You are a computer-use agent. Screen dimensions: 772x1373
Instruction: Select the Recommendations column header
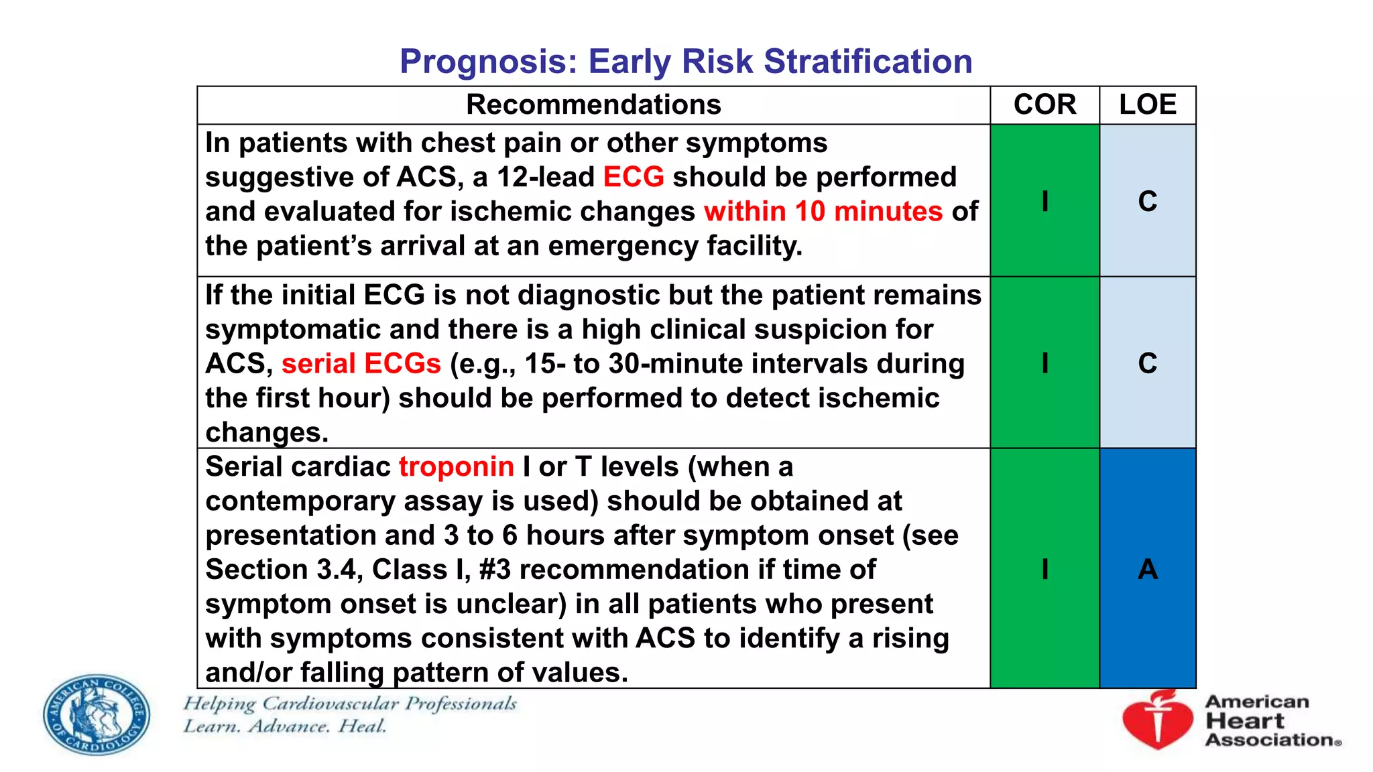[x=593, y=105]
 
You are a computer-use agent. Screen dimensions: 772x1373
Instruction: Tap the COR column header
[x=1044, y=105]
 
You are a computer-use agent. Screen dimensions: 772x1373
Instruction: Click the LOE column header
[x=1148, y=105]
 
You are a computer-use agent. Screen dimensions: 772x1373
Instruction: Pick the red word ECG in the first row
[x=634, y=178]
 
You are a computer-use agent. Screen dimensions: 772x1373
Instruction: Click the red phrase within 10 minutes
[x=823, y=212]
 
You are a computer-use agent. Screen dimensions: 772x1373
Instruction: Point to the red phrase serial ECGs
[x=361, y=364]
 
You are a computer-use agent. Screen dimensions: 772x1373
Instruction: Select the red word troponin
[x=457, y=467]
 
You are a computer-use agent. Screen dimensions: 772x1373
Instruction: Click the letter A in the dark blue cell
[x=1148, y=570]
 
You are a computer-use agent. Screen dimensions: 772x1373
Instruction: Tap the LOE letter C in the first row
[x=1148, y=201]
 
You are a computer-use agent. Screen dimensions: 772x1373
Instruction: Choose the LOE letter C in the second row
[x=1148, y=363]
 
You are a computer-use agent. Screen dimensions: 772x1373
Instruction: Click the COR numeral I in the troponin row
[x=1044, y=570]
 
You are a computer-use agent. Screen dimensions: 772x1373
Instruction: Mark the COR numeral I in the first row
[x=1044, y=201]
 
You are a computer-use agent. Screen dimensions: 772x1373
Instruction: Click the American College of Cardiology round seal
[x=97, y=714]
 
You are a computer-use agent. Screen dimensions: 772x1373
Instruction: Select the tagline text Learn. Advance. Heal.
[x=285, y=726]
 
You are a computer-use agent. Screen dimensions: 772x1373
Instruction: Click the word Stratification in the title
[x=868, y=62]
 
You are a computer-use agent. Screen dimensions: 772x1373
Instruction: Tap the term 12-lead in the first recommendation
[x=545, y=178]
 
